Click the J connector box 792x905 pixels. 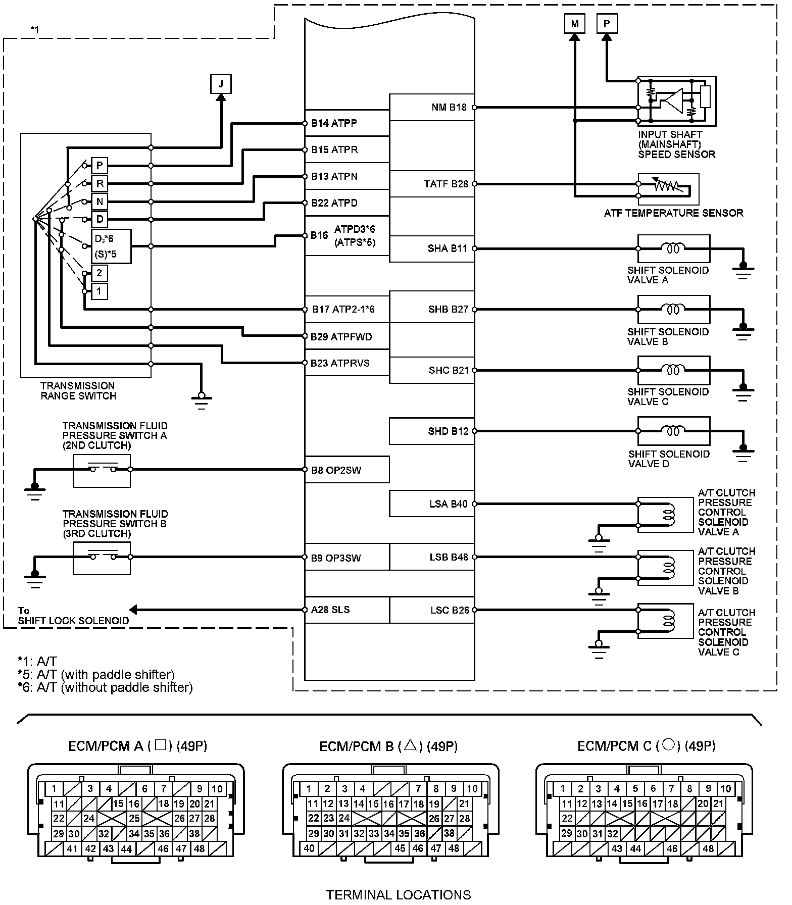221,84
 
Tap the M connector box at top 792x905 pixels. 575,24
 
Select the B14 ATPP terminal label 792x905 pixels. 334,123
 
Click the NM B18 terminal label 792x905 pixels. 449,107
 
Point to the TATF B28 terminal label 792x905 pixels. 446,184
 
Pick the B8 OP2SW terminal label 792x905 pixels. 336,470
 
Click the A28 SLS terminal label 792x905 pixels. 330,610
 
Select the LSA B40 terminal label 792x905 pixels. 449,504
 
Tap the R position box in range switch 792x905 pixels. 100,183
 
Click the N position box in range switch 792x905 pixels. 100,202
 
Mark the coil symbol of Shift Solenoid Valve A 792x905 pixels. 673,248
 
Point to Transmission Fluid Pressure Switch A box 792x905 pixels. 102,471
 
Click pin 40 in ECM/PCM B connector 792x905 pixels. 309,848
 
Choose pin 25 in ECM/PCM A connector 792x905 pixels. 134,818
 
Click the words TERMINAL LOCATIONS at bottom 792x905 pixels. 399,895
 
